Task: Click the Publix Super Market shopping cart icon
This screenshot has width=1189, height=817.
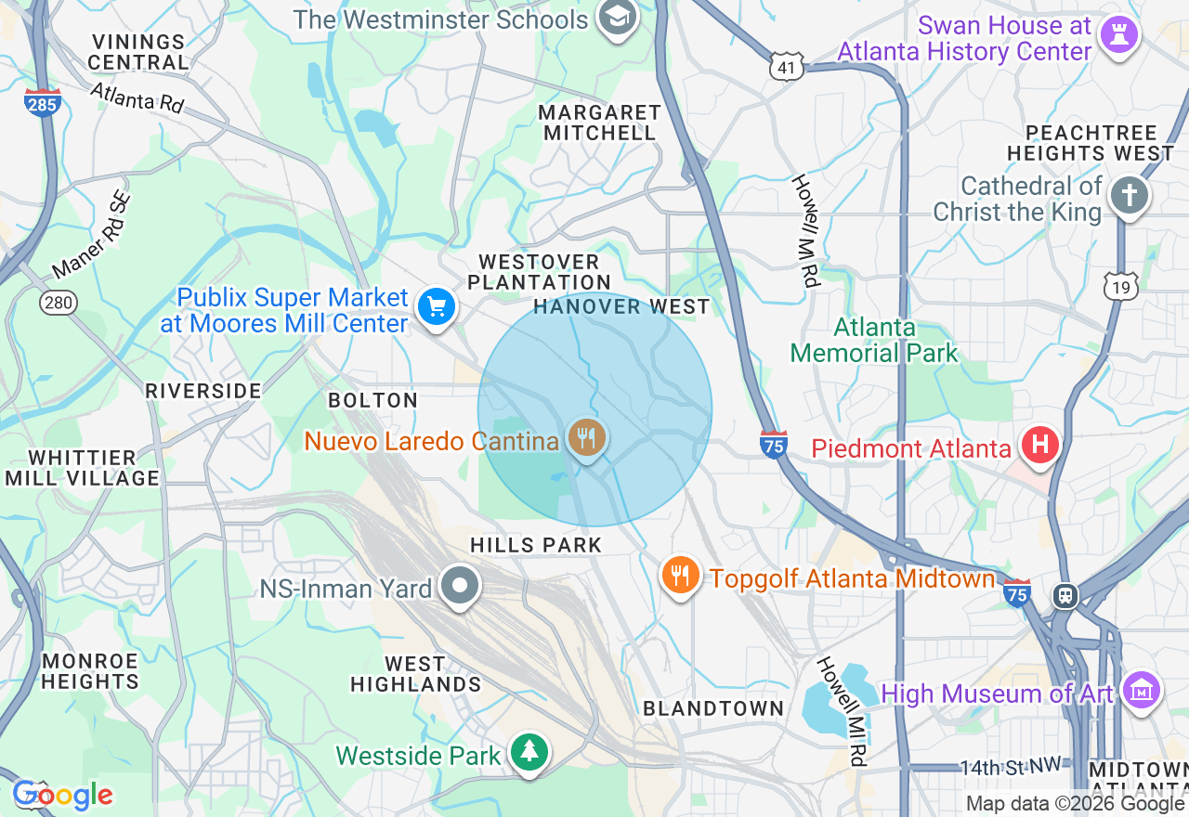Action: pos(436,305)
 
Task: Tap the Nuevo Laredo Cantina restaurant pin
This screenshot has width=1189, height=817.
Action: pos(586,436)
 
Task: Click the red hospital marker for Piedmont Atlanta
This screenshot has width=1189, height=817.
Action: pos(1039,445)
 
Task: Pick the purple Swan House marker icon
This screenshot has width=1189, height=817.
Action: pos(1117,35)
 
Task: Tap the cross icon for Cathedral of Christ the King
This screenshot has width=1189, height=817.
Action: pos(1129,196)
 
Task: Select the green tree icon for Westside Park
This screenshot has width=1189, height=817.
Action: pos(529,752)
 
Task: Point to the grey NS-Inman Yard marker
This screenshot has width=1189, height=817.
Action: pos(459,587)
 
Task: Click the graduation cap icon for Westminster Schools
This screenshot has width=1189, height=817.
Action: pos(616,17)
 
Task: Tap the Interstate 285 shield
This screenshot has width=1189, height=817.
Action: pos(43,103)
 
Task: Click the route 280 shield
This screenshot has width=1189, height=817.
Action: pos(58,302)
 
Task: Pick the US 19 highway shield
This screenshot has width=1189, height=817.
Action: pos(1121,287)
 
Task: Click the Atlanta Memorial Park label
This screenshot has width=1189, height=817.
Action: pos(873,340)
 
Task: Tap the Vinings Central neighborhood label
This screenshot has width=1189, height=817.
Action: pos(139,52)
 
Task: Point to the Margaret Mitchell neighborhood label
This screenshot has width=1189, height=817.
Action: pos(599,123)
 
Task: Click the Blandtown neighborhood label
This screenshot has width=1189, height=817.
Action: pos(713,708)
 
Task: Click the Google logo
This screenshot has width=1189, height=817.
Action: pos(62,795)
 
